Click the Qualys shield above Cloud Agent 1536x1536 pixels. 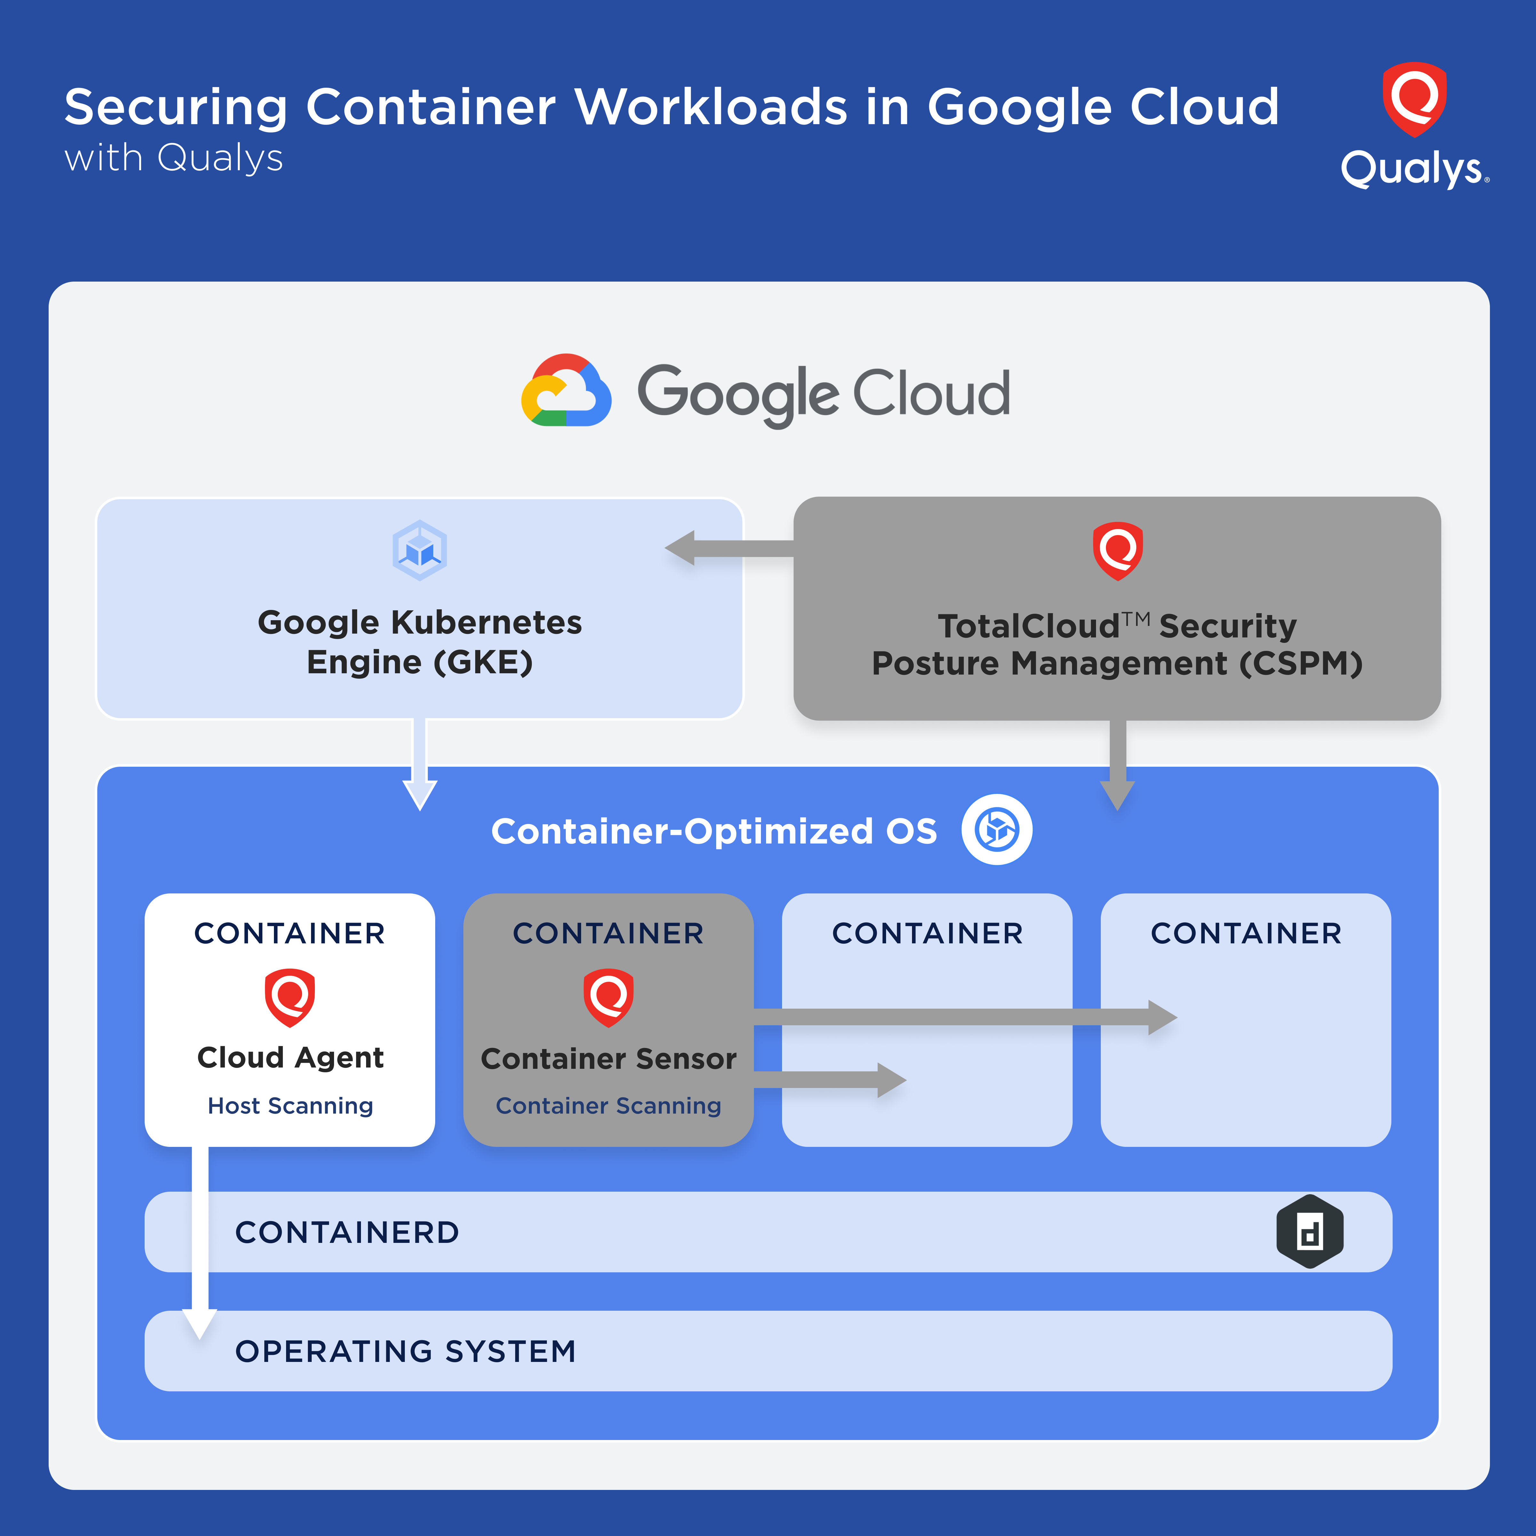tap(289, 997)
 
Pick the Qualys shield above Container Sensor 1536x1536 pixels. tap(608, 997)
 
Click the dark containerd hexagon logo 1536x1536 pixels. tap(1309, 1231)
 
